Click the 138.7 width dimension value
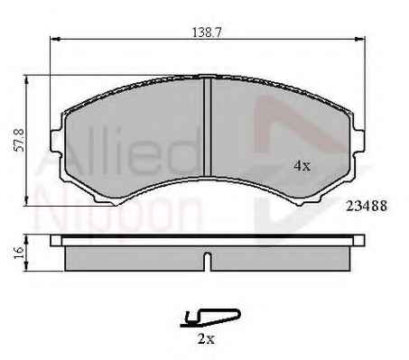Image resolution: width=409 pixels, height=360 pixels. pyautogui.click(x=207, y=32)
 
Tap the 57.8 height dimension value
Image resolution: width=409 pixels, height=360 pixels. pyautogui.click(x=20, y=140)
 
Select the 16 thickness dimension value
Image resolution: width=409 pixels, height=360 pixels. pyautogui.click(x=19, y=253)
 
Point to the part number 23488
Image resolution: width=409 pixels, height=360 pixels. pyautogui.click(x=367, y=206)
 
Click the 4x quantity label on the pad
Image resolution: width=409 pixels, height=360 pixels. pyautogui.click(x=302, y=165)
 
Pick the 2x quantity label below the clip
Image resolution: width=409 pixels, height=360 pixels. pyautogui.click(x=206, y=339)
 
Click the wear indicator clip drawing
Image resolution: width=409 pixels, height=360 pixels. pyautogui.click(x=210, y=318)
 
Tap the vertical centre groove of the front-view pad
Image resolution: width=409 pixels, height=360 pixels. pyautogui.click(x=208, y=127)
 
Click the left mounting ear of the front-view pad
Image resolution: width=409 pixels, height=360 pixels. pyautogui.click(x=56, y=142)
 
